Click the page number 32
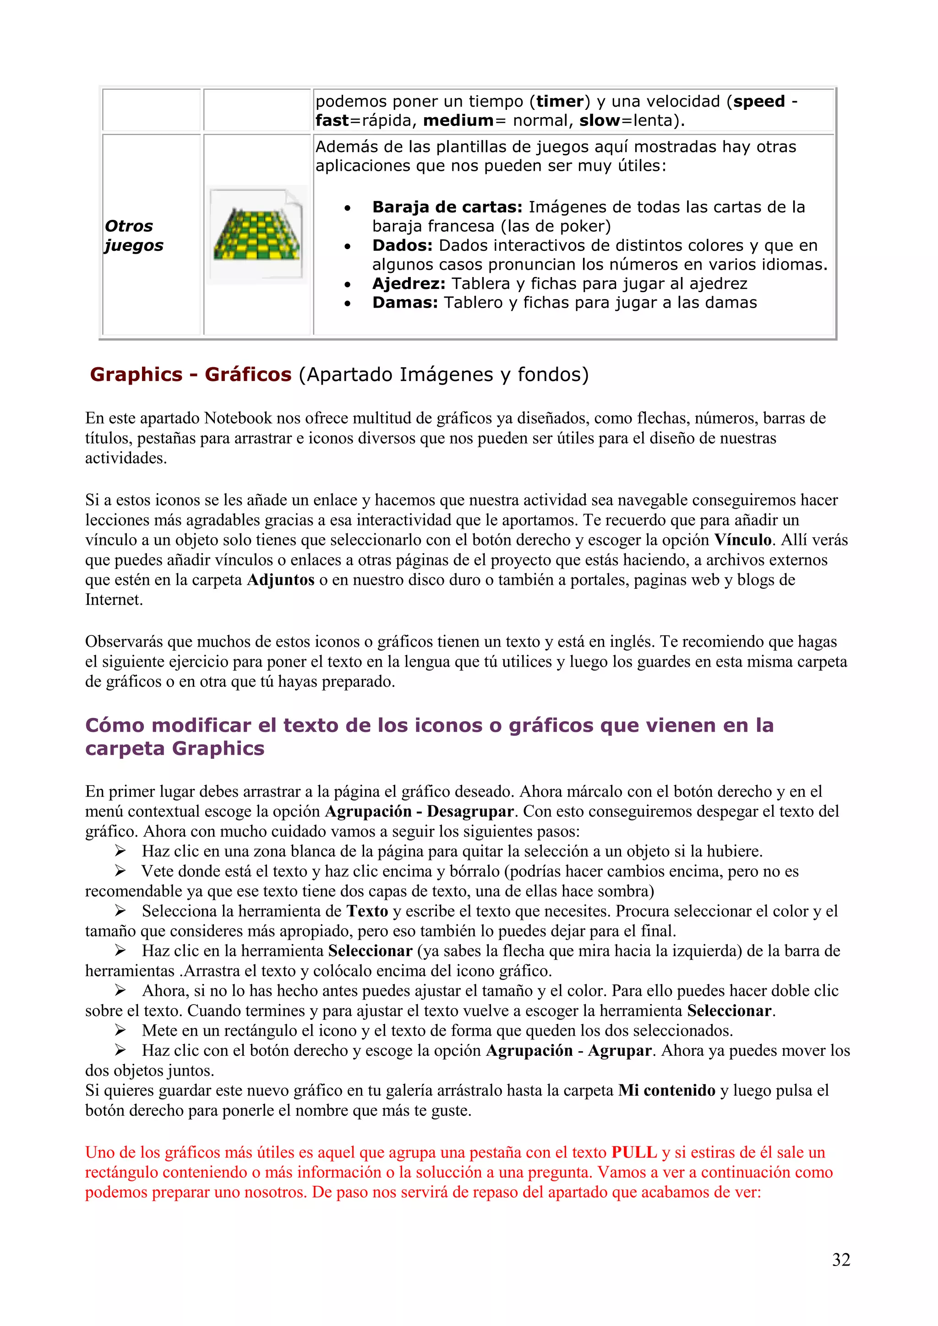841,1260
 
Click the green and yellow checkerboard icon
257,235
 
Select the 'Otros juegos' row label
133,235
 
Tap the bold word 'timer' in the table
560,102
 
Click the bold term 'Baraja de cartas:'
447,207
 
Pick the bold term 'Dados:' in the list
402,245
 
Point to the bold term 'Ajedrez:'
409,283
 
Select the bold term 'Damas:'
405,303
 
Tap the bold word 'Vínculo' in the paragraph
743,540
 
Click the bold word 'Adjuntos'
281,580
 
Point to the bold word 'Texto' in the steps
367,911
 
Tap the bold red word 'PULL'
634,1152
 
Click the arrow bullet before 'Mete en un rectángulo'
120,1030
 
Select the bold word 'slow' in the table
600,121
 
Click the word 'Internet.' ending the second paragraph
114,600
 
